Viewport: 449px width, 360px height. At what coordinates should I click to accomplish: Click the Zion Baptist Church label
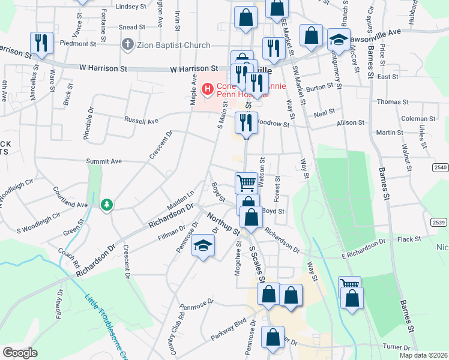[x=173, y=45]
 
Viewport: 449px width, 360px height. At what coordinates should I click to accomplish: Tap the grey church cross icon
[x=127, y=44]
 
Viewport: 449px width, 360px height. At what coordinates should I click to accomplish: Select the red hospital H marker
[x=208, y=89]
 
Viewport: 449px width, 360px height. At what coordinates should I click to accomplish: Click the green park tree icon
[x=107, y=205]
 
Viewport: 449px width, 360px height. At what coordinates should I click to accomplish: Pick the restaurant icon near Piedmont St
[x=41, y=43]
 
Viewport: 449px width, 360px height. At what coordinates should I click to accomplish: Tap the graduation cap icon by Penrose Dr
[x=203, y=247]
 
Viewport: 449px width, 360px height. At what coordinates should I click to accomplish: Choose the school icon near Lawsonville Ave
[x=339, y=41]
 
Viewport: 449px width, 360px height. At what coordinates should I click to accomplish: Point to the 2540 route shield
[x=440, y=168]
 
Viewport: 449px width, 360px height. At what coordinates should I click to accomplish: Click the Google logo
[x=20, y=353]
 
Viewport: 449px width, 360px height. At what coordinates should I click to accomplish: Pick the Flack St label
[x=409, y=239]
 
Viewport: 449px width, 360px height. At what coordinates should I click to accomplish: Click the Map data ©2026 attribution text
[x=423, y=355]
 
